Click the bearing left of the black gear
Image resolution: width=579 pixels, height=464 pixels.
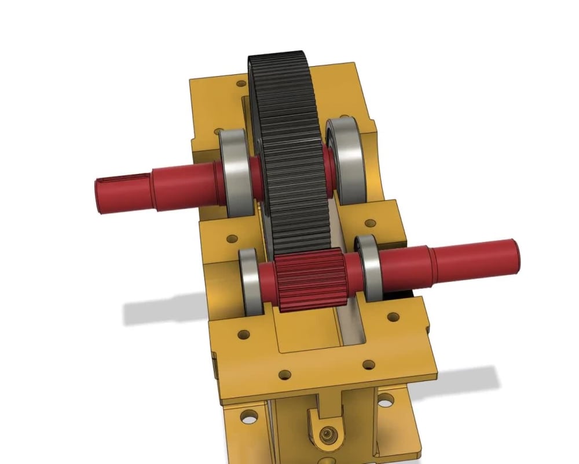pos(235,172)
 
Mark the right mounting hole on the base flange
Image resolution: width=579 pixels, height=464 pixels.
pos(384,400)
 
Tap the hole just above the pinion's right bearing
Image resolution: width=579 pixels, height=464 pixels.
pos(368,223)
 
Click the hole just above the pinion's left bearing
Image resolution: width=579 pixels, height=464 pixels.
pos(232,238)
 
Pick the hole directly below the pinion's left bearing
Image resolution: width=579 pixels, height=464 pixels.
pos(244,335)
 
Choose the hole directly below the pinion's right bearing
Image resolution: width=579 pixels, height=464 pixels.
pos(394,317)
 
